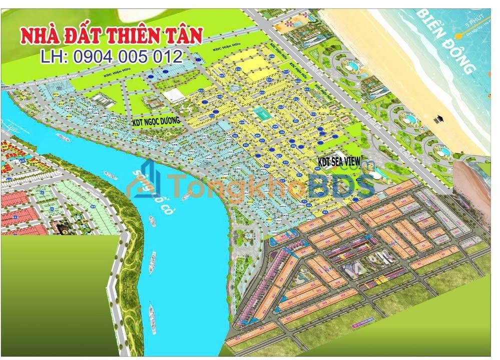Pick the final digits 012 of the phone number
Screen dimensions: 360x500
coord(169,56)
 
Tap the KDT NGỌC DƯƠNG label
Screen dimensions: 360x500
coord(155,121)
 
